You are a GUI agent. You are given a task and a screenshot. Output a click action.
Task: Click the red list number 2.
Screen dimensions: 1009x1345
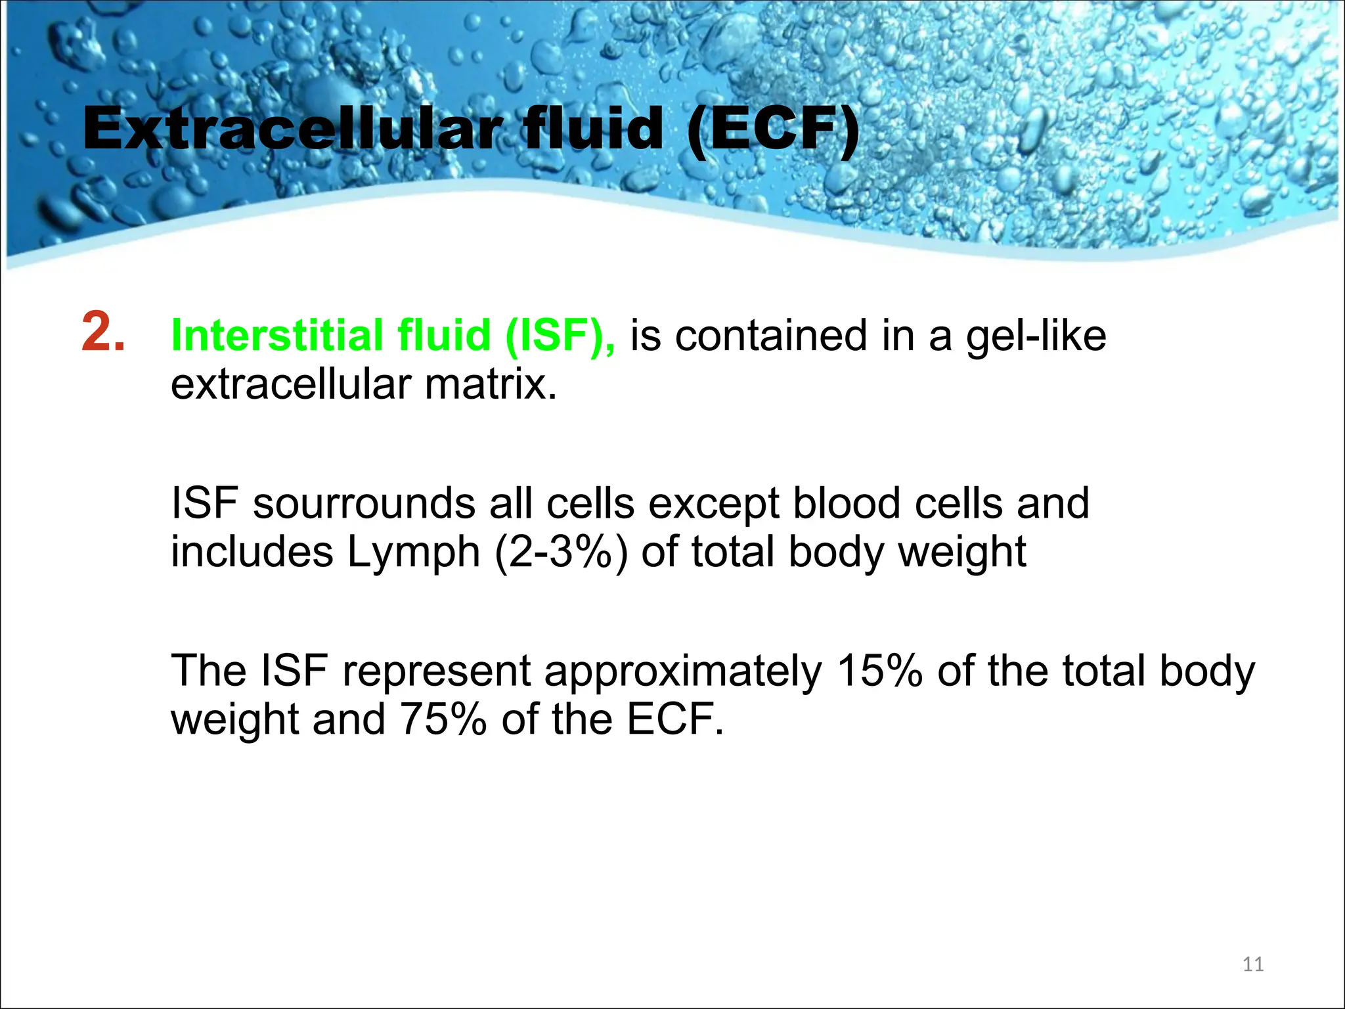coord(103,333)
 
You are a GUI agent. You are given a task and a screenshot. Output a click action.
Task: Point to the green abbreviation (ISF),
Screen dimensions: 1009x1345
coord(560,336)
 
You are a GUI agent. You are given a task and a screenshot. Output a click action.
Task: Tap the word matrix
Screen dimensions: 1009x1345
coord(491,384)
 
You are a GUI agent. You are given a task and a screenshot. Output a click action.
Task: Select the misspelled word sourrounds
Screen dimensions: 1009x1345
coord(363,504)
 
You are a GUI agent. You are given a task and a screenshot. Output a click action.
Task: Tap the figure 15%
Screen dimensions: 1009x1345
coord(880,671)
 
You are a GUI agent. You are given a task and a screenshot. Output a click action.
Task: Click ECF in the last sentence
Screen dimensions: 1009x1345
coord(674,719)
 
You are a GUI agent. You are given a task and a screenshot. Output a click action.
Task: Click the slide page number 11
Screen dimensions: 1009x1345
coord(1253,964)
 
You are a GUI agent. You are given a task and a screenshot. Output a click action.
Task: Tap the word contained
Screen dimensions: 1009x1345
coord(772,336)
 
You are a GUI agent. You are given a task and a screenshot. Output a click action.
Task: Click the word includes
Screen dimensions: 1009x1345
coord(252,552)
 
